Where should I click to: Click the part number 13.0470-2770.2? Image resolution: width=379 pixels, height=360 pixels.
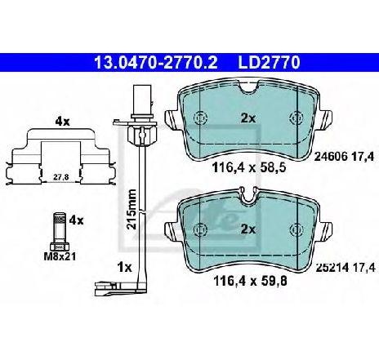(x=155, y=63)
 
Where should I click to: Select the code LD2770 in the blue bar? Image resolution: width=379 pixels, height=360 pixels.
(x=270, y=63)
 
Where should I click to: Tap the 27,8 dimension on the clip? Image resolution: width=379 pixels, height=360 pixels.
(x=60, y=177)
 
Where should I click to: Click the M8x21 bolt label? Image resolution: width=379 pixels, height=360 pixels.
(x=60, y=256)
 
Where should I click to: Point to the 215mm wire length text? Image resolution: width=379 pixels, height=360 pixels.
(x=132, y=209)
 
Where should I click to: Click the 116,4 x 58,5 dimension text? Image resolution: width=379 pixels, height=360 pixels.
(x=249, y=168)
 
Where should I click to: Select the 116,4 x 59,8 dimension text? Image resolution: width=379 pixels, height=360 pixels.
(x=251, y=281)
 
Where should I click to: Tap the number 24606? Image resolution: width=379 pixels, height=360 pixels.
(x=331, y=157)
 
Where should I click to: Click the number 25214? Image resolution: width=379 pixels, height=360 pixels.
(x=332, y=268)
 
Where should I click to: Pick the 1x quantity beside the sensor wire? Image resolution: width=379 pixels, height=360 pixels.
(x=124, y=268)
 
